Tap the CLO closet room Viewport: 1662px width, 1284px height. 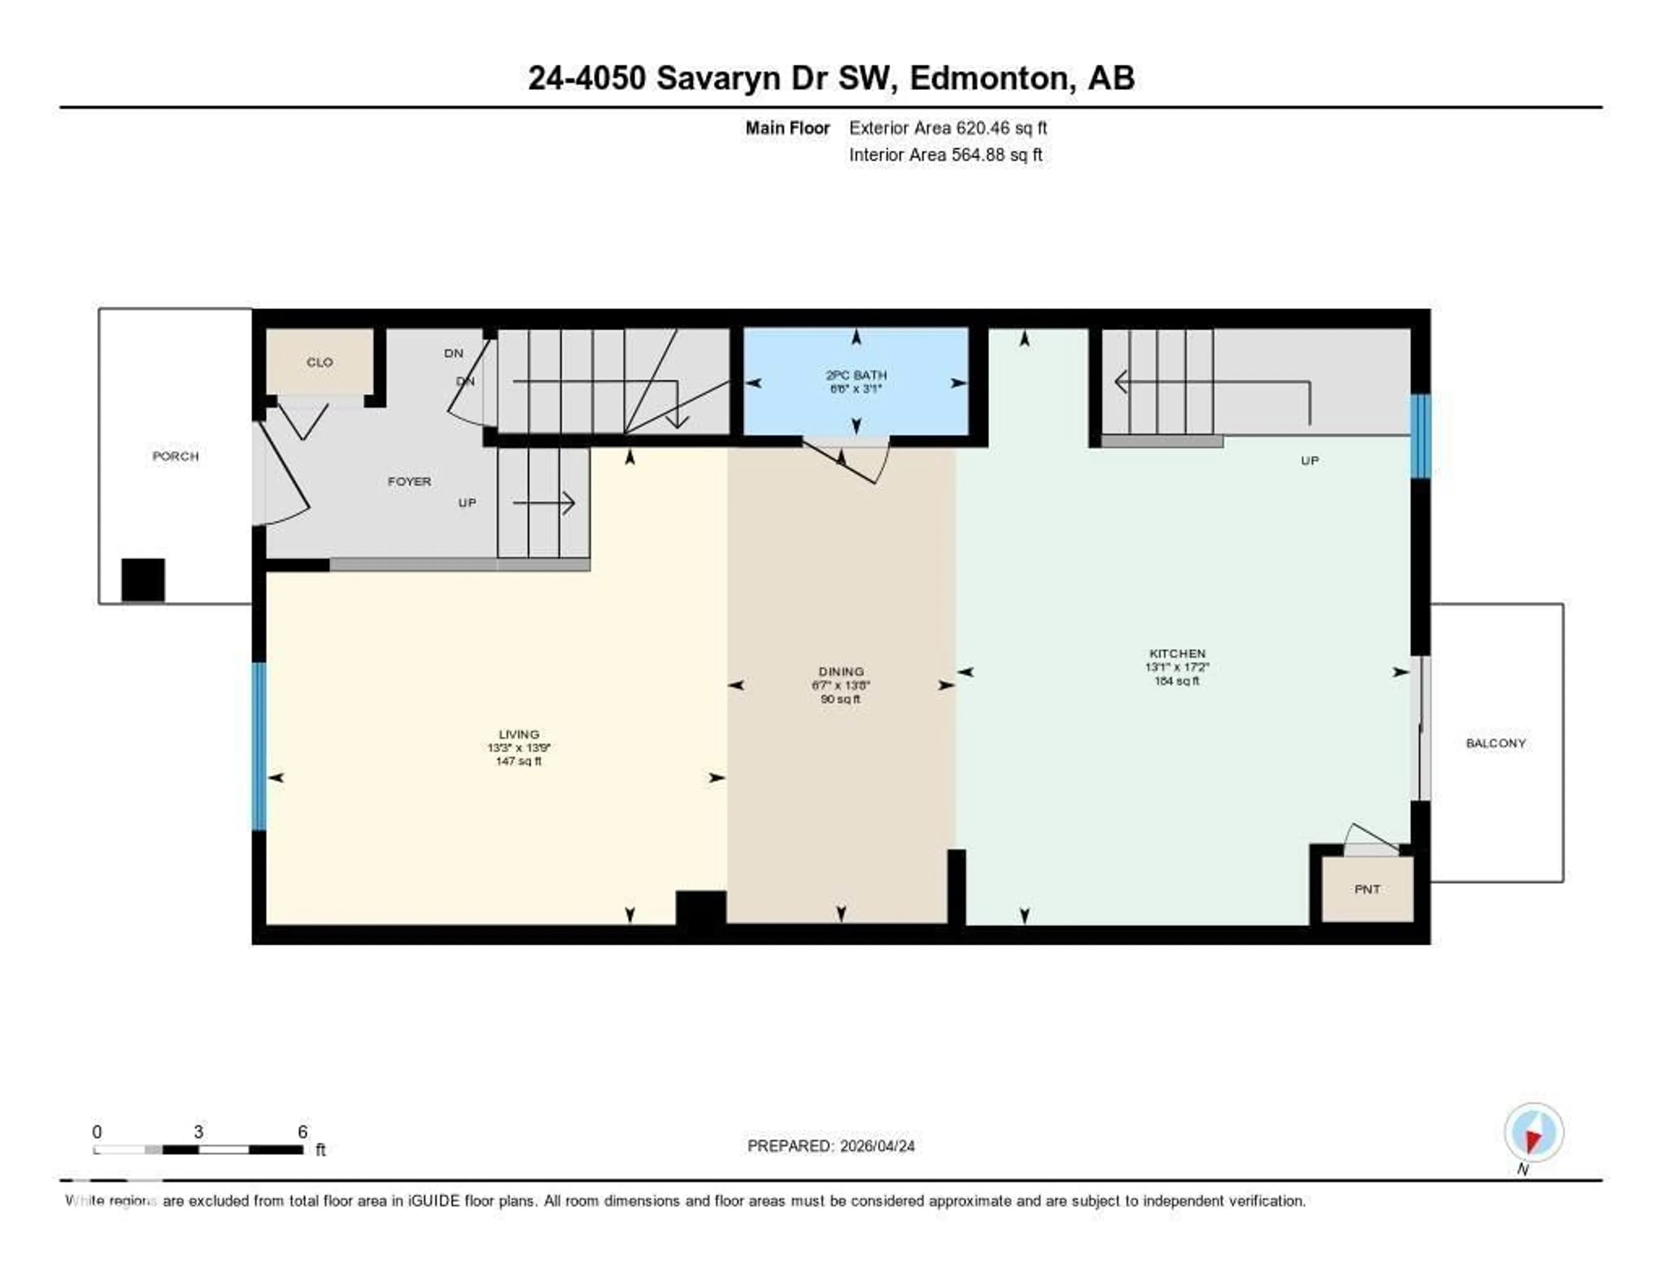(x=319, y=362)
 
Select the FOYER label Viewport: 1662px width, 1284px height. (x=409, y=481)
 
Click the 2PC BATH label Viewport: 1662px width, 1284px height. (x=856, y=375)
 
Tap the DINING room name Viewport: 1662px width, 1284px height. (x=841, y=671)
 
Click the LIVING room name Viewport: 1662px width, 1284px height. (x=519, y=734)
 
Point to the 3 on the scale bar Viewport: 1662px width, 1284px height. (x=199, y=1132)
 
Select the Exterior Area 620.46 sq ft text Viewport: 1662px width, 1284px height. (x=947, y=128)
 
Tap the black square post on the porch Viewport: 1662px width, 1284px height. (x=143, y=580)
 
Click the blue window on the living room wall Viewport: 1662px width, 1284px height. (x=259, y=746)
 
